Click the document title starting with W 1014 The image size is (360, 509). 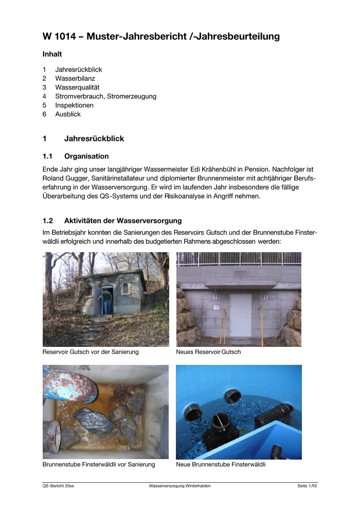pyautogui.click(x=161, y=36)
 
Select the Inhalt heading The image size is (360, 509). pyautogui.click(x=52, y=54)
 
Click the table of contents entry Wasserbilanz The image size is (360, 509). pyautogui.click(x=75, y=78)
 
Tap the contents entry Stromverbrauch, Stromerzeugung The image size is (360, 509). pyautogui.click(x=105, y=96)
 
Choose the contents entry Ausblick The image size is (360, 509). pyautogui.click(x=68, y=114)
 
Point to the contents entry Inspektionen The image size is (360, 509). pyautogui.click(x=74, y=105)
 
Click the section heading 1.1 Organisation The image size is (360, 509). pyautogui.click(x=76, y=156)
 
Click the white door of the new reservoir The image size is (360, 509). pyautogui.click(x=240, y=315)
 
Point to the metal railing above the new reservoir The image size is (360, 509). pyautogui.click(x=239, y=258)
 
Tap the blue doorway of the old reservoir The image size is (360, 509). pyautogui.click(x=106, y=301)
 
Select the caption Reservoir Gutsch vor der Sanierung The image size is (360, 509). pyautogui.click(x=91, y=352)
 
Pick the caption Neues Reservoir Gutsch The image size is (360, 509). pyautogui.click(x=208, y=352)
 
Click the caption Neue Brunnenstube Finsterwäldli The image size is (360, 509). pyautogui.click(x=221, y=465)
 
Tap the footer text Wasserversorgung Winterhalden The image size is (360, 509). pyautogui.click(x=179, y=486)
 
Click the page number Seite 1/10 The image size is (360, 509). pyautogui.click(x=307, y=486)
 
